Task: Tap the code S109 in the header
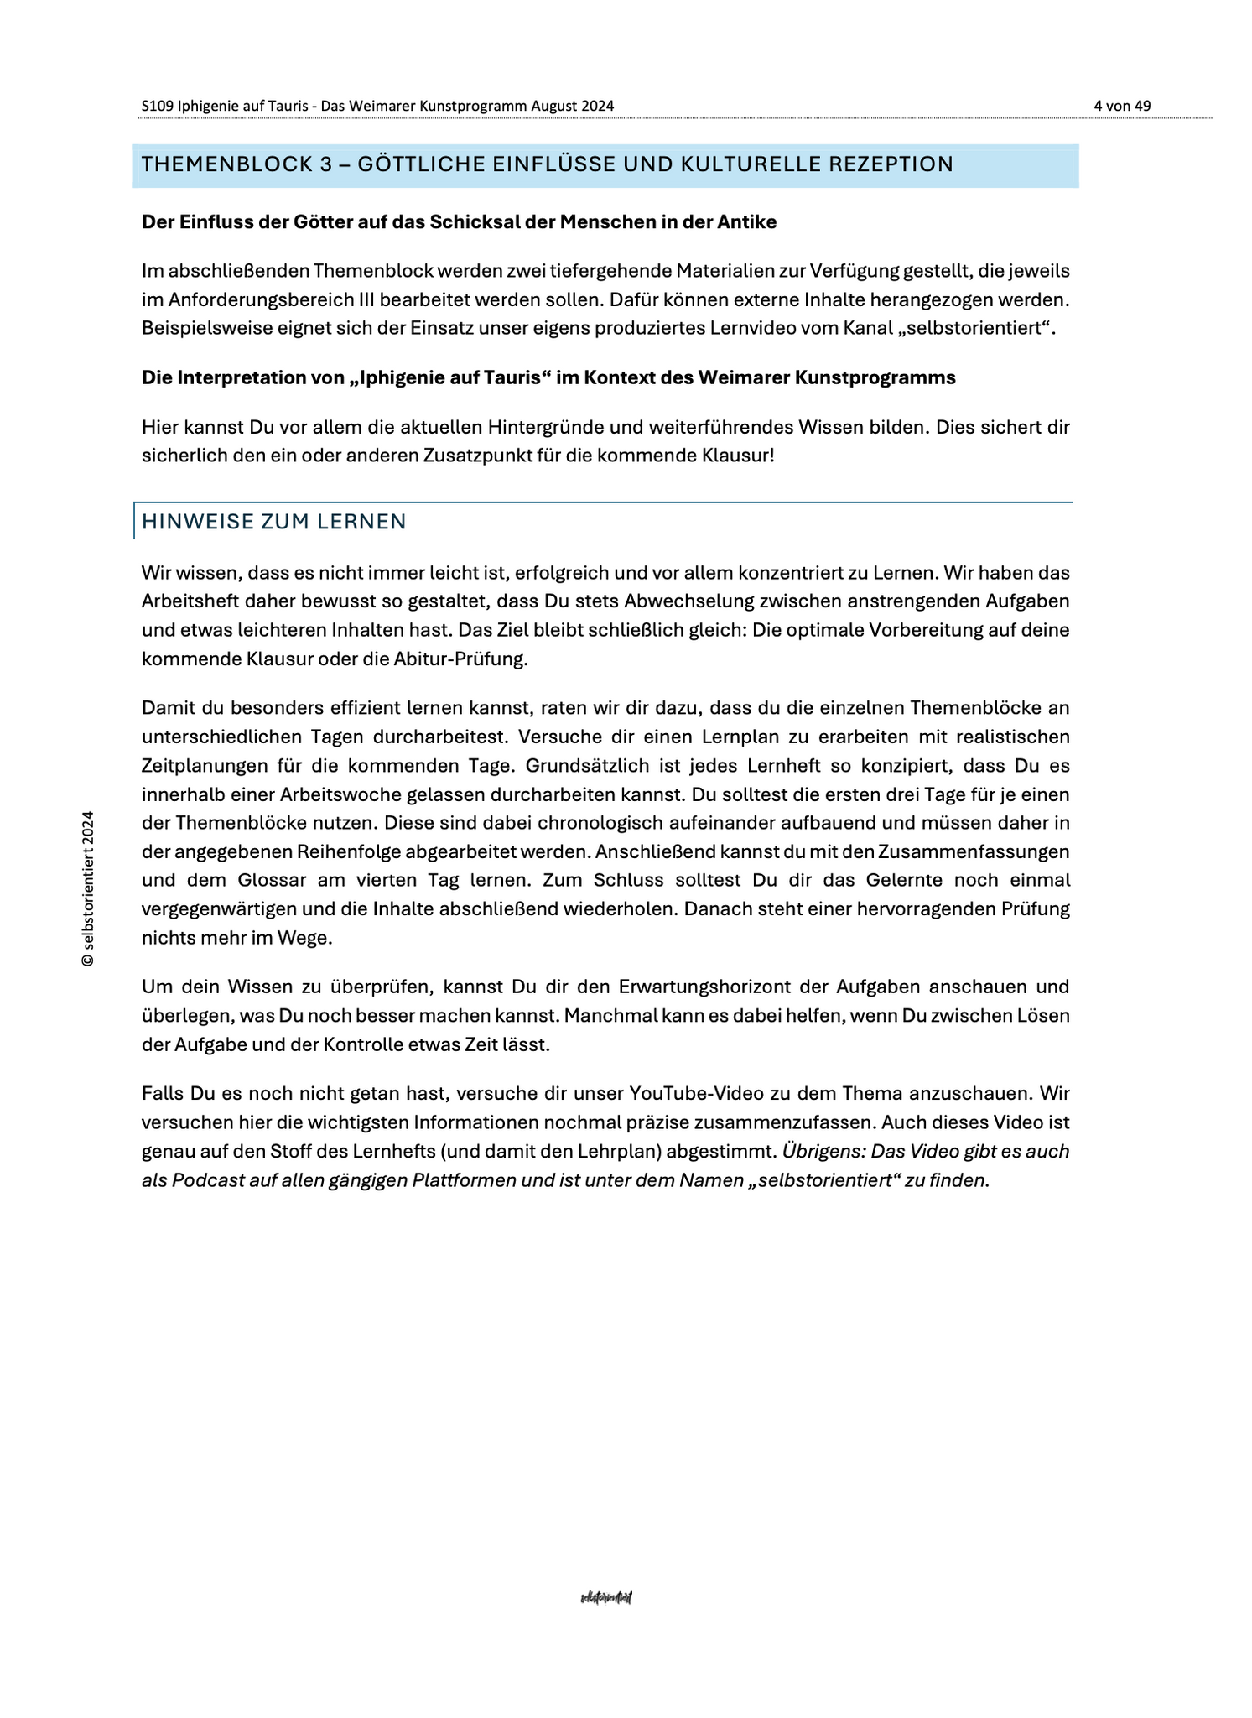click(158, 106)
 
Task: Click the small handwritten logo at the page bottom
click(605, 1598)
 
